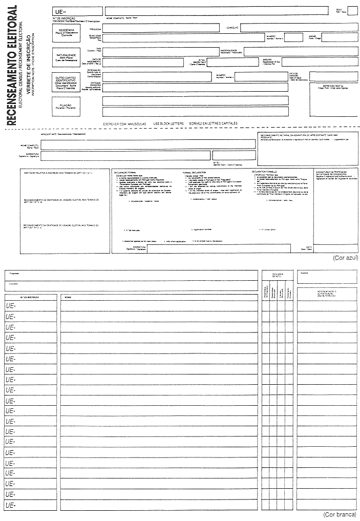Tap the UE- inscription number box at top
pyautogui.click(x=77, y=11)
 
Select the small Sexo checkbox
pyautogui.click(x=353, y=11)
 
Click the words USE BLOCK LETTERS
pyautogui.click(x=164, y=124)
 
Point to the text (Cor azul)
pyautogui.click(x=345, y=258)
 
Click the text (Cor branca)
pyautogui.click(x=340, y=514)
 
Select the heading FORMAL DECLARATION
pyautogui.click(x=195, y=172)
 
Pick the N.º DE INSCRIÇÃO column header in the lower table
pyautogui.click(x=30, y=297)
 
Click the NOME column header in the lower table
pyautogui.click(x=68, y=297)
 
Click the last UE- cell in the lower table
pyautogui.click(x=31, y=506)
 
